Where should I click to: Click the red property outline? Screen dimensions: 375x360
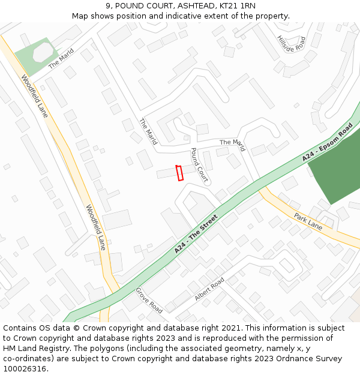click(179, 173)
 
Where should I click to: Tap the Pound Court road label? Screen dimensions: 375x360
click(199, 164)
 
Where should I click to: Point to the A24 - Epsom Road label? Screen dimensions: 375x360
click(327, 142)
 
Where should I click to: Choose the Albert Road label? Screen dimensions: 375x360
click(209, 289)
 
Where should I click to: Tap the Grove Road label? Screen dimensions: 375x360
click(149, 300)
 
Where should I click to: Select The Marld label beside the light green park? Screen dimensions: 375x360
click(61, 58)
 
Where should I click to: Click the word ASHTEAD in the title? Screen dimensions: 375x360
click(194, 5)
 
